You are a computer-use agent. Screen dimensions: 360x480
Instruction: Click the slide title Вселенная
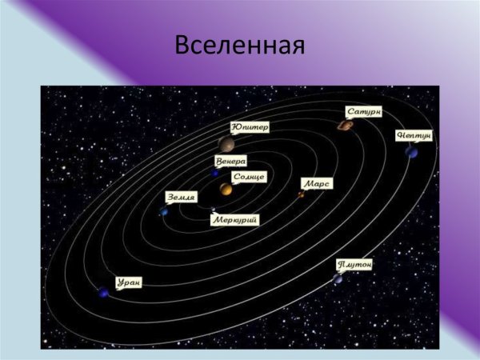click(240, 45)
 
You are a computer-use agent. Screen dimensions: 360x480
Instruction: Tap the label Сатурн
click(365, 111)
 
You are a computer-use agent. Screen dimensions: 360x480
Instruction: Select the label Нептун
click(414, 135)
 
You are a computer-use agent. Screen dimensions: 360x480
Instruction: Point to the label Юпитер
click(250, 126)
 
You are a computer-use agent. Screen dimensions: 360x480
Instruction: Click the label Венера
click(230, 160)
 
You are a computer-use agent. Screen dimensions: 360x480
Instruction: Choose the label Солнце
click(248, 176)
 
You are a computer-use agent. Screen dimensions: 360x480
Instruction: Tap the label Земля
click(181, 196)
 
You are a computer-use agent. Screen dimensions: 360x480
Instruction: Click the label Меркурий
click(235, 220)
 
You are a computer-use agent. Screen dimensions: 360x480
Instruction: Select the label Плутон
click(354, 264)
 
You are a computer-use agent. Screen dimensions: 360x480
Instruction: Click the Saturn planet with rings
click(345, 125)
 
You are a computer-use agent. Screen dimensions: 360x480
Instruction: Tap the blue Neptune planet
click(411, 151)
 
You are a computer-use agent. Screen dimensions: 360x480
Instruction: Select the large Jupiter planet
click(226, 144)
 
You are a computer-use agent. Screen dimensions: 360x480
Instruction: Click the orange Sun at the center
click(226, 190)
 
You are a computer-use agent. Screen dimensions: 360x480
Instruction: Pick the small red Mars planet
click(302, 194)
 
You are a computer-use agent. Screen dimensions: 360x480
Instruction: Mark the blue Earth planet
click(164, 211)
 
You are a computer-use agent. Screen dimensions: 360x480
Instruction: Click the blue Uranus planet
click(102, 293)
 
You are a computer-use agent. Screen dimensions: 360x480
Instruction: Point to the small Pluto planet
click(338, 278)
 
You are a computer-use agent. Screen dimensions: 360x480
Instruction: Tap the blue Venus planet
click(215, 172)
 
